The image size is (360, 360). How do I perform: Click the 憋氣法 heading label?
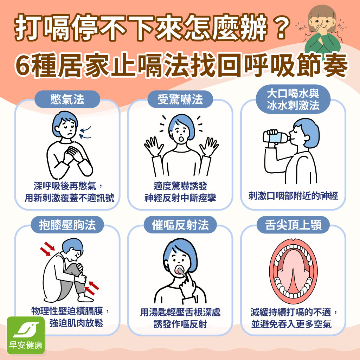coord(67,99)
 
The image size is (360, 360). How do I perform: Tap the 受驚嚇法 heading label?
coord(180,99)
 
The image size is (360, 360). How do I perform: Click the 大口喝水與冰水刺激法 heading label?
coord(293,100)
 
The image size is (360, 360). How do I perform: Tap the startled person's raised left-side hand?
coord(153,146)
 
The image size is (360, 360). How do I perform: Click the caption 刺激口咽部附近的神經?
coord(293,196)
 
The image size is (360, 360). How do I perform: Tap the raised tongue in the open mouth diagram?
coord(293,270)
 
